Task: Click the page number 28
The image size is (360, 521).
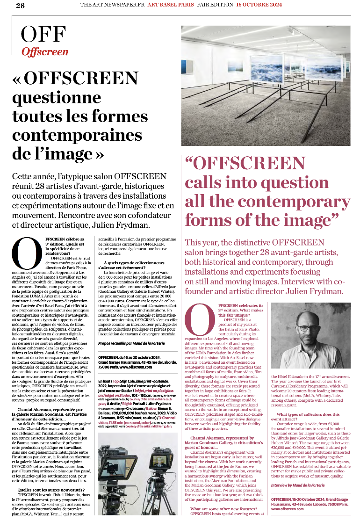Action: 20,6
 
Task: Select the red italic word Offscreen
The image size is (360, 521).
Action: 45,52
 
